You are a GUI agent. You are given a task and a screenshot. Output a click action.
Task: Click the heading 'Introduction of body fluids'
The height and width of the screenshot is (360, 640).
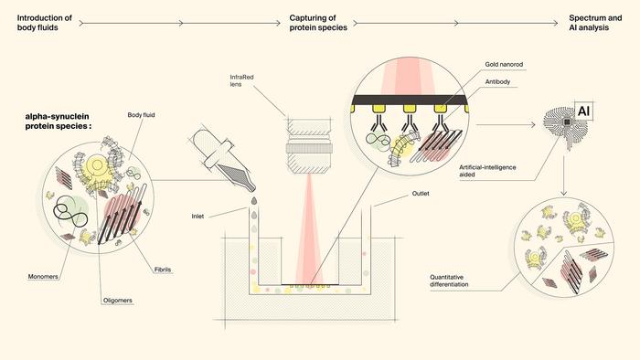(45, 23)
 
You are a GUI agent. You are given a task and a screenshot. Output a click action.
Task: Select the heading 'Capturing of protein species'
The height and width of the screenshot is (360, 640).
(318, 23)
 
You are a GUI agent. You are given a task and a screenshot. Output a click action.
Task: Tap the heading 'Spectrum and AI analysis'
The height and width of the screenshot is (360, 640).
(595, 23)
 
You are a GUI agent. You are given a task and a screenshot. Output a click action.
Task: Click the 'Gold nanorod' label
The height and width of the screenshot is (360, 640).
(504, 65)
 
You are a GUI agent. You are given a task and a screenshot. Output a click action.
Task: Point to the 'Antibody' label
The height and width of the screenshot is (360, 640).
(497, 82)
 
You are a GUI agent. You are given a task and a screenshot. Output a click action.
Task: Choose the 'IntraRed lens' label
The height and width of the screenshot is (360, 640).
(241, 80)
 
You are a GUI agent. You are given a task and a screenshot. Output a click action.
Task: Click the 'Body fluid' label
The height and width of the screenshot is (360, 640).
(141, 115)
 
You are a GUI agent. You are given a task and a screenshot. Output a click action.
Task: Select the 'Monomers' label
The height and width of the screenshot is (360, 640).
(43, 277)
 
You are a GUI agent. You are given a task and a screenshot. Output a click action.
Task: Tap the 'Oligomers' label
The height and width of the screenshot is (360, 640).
(118, 301)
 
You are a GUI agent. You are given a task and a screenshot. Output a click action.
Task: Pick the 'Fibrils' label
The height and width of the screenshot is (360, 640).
(163, 270)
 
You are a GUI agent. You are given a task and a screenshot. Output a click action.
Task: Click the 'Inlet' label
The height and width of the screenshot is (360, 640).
(197, 217)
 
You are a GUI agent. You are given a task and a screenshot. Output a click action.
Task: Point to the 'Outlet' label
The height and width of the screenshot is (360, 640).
(421, 194)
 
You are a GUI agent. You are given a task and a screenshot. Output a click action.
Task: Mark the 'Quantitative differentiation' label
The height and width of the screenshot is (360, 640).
(449, 281)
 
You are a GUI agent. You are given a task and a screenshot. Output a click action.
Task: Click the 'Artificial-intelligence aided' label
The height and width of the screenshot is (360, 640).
(487, 171)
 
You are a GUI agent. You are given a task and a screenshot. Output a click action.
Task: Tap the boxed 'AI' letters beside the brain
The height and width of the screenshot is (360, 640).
(583, 111)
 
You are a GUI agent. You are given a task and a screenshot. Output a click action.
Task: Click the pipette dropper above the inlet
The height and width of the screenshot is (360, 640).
(224, 159)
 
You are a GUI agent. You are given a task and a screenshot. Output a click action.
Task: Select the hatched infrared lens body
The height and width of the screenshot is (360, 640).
(309, 146)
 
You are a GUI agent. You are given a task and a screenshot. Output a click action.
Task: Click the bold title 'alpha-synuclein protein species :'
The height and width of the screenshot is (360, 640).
(58, 122)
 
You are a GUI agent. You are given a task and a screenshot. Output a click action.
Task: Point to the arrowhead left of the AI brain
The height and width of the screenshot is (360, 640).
(532, 125)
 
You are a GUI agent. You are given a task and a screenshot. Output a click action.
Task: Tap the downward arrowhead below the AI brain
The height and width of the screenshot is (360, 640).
(564, 193)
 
